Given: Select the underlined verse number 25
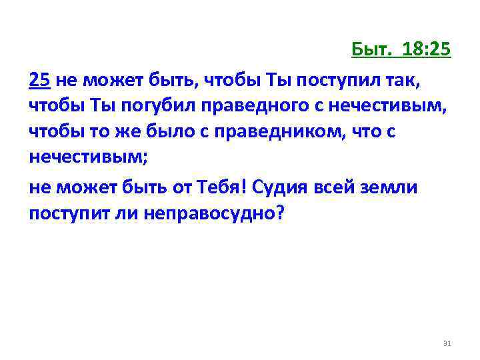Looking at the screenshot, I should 39,81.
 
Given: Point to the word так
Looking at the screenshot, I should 406,81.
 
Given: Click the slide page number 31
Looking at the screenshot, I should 447,343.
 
